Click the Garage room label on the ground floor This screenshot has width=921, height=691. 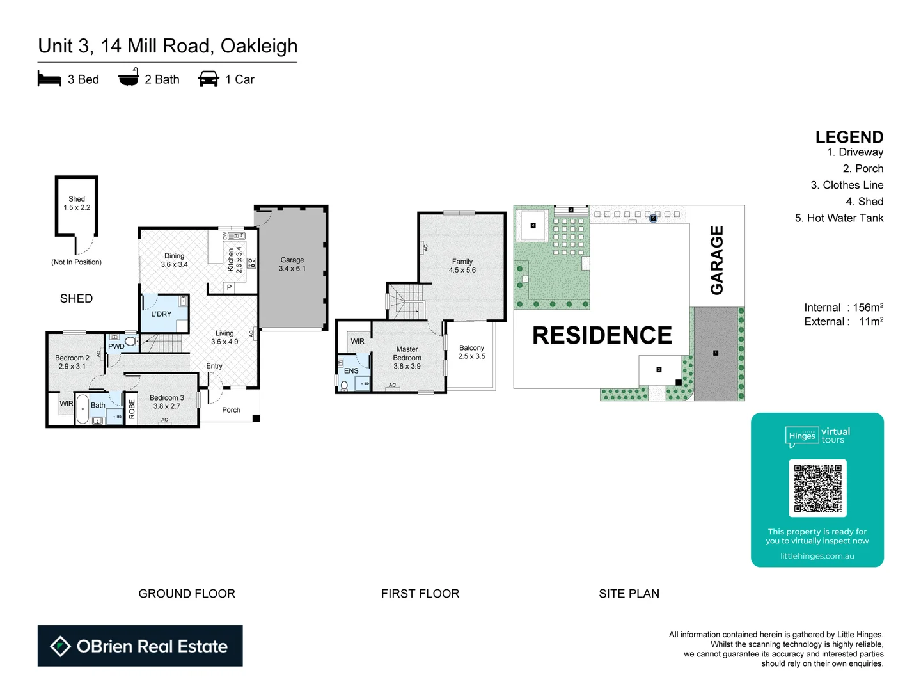coord(292,264)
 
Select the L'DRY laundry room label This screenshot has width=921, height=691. coord(161,314)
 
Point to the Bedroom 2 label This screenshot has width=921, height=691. coord(72,362)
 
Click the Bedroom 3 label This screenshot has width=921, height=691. coord(166,402)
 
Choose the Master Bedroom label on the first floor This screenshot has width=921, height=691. coord(407,358)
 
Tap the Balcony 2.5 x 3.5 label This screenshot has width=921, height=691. coord(471,352)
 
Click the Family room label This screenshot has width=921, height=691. coord(462,266)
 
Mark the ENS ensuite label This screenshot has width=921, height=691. coord(351,371)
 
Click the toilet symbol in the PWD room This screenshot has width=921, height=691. coord(130,342)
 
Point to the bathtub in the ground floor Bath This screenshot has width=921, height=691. coord(83,409)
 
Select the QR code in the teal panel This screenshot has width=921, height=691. coord(817,488)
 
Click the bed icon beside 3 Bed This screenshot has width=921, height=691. coord(49,79)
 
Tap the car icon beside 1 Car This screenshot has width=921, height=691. coord(209,79)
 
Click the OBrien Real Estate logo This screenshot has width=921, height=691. coord(140,646)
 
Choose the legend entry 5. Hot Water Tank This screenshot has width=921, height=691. coord(838,218)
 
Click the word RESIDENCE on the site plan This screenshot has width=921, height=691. coord(602,335)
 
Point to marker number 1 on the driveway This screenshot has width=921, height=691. coord(716,353)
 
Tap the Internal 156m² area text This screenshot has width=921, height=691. coord(843,308)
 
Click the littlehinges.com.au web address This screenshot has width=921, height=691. coord(817,556)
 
